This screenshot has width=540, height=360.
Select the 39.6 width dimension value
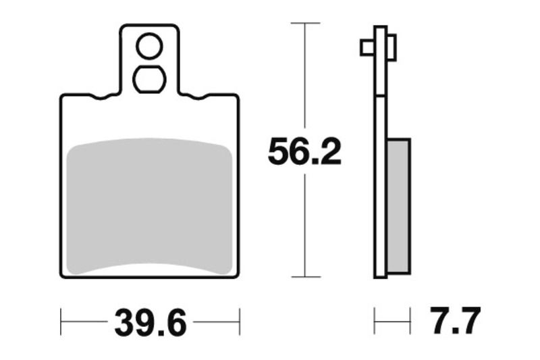click(150, 323)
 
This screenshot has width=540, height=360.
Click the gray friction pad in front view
click(150, 206)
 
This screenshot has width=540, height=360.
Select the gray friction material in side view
click(399, 205)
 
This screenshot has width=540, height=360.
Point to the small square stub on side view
click(367, 47)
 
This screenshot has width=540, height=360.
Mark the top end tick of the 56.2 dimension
click(304, 24)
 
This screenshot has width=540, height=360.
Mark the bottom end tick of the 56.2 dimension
click(304, 277)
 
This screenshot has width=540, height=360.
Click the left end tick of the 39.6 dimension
click(61, 322)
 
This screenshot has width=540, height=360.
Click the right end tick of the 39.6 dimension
click(239, 322)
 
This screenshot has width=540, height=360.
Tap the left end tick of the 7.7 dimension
click(375, 322)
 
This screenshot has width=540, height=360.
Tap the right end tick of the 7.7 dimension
click(410, 322)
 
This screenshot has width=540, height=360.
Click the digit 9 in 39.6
click(140, 323)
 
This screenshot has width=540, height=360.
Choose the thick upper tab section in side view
click(381, 61)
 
